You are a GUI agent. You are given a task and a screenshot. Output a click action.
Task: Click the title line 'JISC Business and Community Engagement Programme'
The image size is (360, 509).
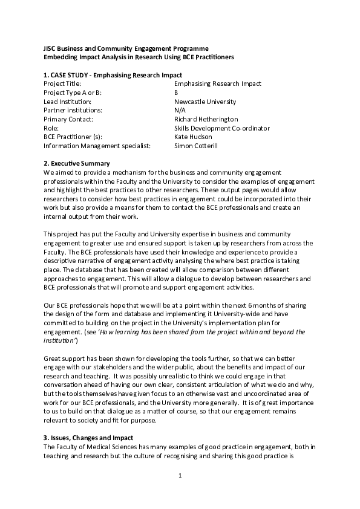[126, 48]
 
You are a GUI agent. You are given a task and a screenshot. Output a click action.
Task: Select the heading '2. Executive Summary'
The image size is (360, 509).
[77, 164]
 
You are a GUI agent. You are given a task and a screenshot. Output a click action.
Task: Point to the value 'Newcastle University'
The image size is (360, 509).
[205, 102]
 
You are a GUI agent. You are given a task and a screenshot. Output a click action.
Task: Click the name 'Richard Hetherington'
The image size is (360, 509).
[206, 119]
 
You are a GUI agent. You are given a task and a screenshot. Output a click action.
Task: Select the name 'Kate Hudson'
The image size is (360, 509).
[193, 137]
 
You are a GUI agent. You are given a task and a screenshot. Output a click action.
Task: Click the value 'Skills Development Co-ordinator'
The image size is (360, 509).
[222, 128]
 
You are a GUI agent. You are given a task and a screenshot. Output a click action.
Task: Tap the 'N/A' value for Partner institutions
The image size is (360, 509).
[180, 111]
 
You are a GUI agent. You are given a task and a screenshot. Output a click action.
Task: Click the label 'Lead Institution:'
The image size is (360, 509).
[67, 102]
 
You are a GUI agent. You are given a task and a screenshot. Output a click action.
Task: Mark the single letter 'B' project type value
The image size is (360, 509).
[176, 92]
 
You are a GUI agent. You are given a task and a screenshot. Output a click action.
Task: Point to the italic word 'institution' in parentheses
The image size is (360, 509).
[59, 341]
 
